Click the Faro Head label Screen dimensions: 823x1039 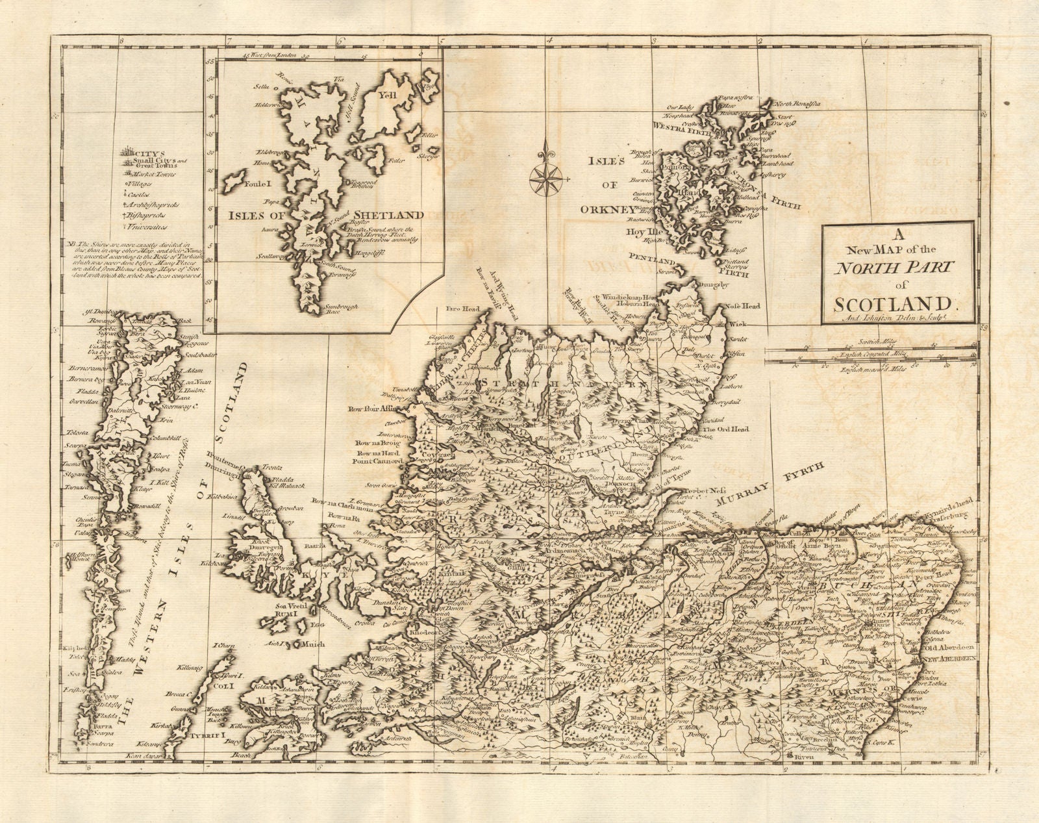(x=459, y=309)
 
